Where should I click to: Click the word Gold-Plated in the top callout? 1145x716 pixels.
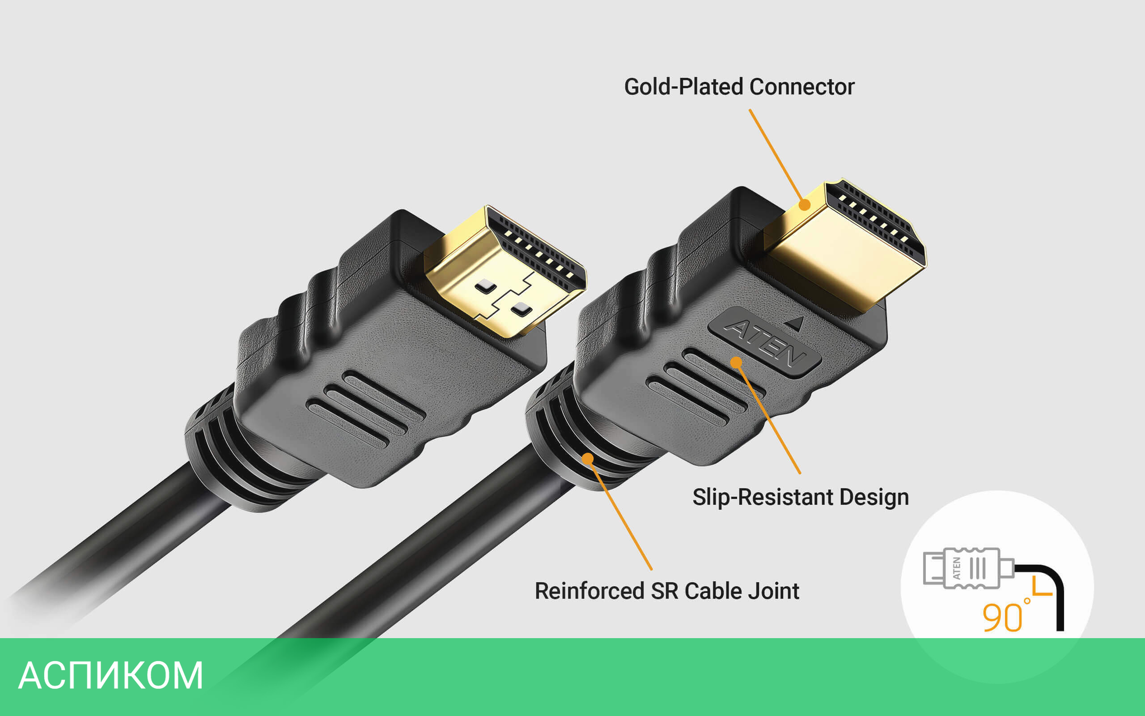point(683,87)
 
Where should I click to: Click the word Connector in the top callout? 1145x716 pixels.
point(802,87)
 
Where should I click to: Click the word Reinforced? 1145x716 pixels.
point(589,591)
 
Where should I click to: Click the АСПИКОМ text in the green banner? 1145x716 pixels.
point(111,676)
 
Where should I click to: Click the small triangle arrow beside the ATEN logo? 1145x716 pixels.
point(796,323)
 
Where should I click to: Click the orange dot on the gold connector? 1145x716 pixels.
point(805,205)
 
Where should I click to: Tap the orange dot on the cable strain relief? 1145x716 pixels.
point(588,459)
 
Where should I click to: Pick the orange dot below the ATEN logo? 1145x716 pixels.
point(737,362)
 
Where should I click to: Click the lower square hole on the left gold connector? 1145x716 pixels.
point(521,308)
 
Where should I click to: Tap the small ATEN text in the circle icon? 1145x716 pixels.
point(957,568)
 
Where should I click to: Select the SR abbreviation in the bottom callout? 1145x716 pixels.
point(664,591)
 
